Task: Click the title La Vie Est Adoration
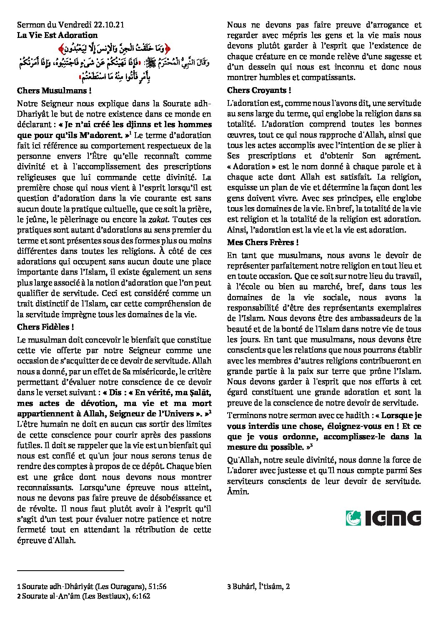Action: (x=57, y=35)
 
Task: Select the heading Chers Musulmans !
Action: (x=54, y=90)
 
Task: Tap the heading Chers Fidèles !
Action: (x=46, y=327)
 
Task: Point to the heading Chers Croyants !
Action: (x=259, y=90)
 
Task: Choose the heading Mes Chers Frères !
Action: (x=263, y=243)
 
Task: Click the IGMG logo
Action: (x=383, y=518)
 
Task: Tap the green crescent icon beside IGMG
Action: (x=353, y=518)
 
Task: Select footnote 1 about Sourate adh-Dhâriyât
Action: (x=92, y=586)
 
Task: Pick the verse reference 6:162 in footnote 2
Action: (x=141, y=596)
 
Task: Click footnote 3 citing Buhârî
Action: (x=258, y=586)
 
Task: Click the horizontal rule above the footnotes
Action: (x=71, y=570)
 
